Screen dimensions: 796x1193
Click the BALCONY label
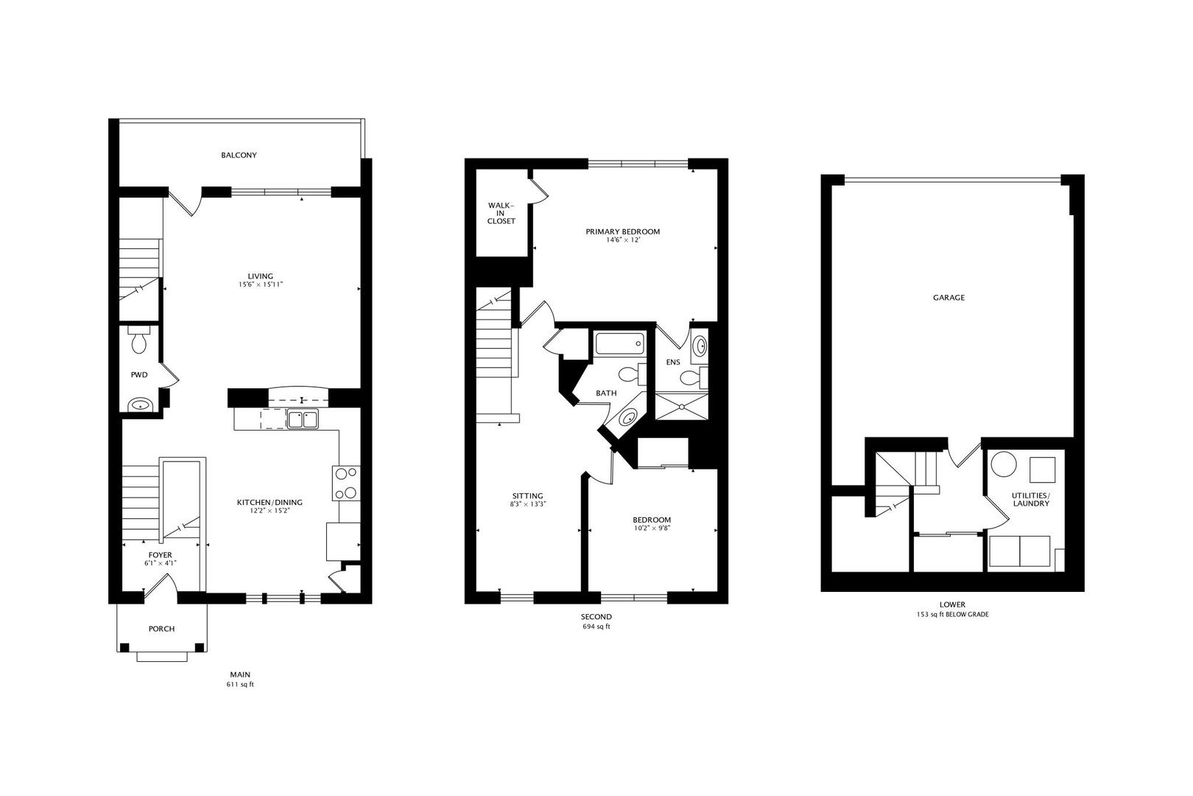239,156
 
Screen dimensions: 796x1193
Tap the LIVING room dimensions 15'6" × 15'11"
260,284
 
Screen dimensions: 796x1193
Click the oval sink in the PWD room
138,405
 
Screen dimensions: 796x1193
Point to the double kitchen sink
302,420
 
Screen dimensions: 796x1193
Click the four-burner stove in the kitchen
346,483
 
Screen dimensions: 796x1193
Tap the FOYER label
160,554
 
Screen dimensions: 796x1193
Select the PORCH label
161,629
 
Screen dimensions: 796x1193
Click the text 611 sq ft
240,685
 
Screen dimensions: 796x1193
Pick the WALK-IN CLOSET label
501,213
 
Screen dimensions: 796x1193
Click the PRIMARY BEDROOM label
622,231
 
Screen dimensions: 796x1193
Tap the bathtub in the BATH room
619,344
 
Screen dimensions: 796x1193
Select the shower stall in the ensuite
680,406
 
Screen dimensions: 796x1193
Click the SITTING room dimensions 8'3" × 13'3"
528,505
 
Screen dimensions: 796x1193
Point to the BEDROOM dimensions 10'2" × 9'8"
652,528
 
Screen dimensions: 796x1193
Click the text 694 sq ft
596,627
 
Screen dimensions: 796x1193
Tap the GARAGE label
949,298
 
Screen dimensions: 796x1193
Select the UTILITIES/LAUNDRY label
1030,499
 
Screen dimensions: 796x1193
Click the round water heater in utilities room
1003,466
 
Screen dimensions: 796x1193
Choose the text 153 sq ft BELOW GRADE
952,614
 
